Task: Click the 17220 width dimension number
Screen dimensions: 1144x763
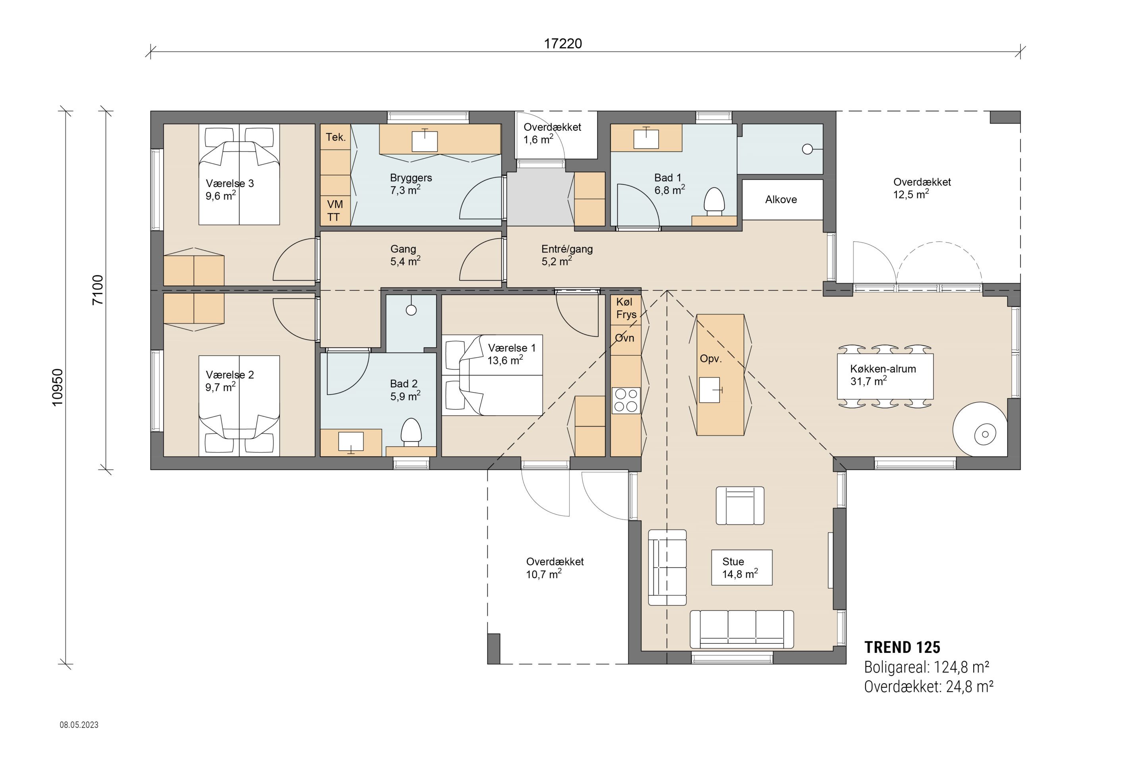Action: pos(563,44)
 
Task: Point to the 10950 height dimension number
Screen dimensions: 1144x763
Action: pos(57,387)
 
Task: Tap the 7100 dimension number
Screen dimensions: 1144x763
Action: pos(98,290)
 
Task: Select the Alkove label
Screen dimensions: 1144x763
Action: pos(781,199)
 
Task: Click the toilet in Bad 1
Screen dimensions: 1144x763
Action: pos(714,202)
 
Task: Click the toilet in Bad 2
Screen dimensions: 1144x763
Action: pos(411,432)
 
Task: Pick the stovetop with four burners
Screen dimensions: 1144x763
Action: pos(626,401)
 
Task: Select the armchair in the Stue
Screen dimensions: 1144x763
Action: pos(740,505)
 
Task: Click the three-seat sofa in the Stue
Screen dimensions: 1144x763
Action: pos(742,629)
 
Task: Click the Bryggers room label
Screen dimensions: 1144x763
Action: pos(411,184)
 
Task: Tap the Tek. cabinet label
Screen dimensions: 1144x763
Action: pos(336,137)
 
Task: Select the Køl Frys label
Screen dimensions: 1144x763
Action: pos(626,308)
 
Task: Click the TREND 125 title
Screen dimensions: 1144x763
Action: pos(902,647)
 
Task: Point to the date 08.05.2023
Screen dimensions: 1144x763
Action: pos(79,724)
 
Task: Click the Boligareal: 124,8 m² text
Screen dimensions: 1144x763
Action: pos(927,667)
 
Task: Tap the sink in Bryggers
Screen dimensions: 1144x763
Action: pos(425,141)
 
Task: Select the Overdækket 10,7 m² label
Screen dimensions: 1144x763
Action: pos(555,568)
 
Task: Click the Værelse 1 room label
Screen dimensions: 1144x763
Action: pos(512,354)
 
